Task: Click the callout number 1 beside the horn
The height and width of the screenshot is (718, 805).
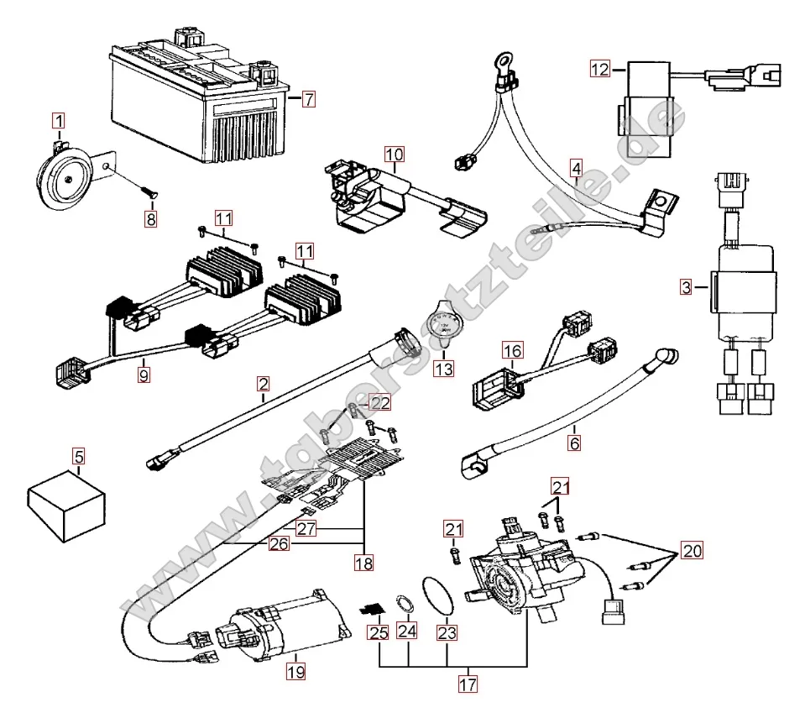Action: click(x=58, y=121)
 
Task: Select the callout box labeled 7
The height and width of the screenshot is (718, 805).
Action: click(x=309, y=99)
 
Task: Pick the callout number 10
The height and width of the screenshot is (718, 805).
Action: click(x=395, y=154)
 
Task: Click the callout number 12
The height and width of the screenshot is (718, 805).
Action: click(x=599, y=70)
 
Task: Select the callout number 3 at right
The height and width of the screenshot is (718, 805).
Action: click(x=687, y=288)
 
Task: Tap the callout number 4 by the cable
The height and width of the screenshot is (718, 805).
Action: click(x=575, y=168)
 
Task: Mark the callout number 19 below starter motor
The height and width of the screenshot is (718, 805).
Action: click(x=295, y=671)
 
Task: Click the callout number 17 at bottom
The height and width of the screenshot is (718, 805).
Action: click(x=468, y=684)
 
